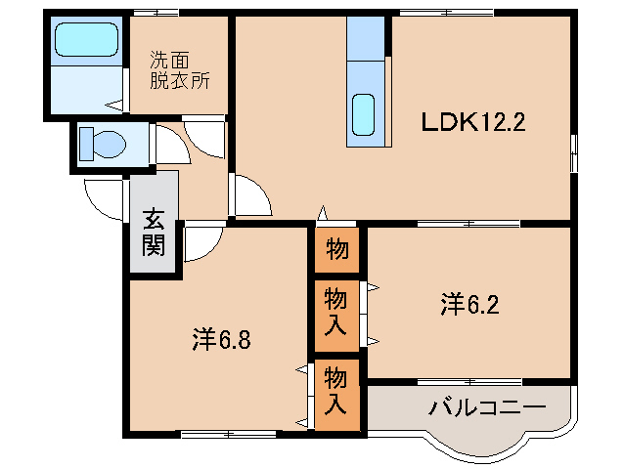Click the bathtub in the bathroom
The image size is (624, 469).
tap(86, 40)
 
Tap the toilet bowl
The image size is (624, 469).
tap(103, 145)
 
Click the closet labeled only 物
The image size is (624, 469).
tap(335, 250)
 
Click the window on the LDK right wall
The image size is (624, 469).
tap(574, 152)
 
